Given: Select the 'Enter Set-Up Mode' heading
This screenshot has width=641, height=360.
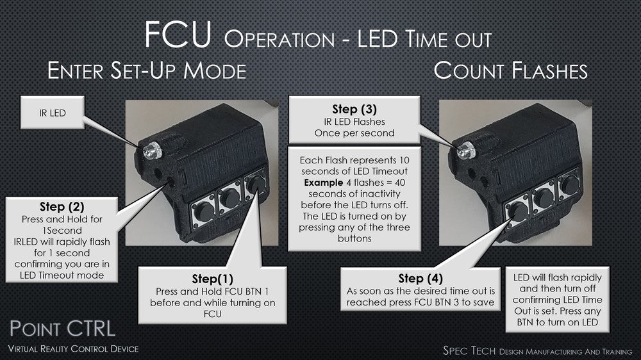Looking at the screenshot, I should click(147, 70).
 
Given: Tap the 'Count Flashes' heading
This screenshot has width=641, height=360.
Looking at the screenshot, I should click(510, 70).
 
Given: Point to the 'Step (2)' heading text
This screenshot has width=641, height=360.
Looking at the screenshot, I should click(60, 207).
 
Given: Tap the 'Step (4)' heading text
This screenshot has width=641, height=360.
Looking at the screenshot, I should click(419, 279).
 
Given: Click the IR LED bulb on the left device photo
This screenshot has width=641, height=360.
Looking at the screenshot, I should click(152, 151).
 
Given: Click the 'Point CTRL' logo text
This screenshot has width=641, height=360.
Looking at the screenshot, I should click(62, 329).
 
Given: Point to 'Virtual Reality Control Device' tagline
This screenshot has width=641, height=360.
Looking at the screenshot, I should click(72, 348).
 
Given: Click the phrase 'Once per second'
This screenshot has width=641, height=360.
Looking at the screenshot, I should click(354, 133).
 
